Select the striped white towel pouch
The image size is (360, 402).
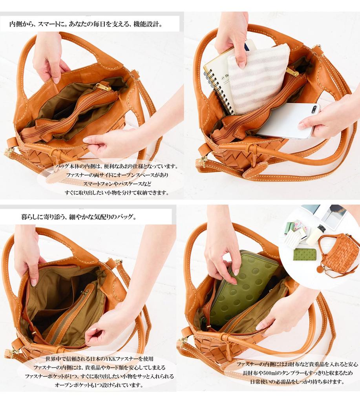258,79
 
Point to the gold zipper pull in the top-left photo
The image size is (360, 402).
104,87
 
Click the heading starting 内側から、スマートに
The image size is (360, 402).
86,25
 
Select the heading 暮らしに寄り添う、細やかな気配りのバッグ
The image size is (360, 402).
78,217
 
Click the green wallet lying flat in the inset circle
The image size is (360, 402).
305,254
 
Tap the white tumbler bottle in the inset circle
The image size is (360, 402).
316,235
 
